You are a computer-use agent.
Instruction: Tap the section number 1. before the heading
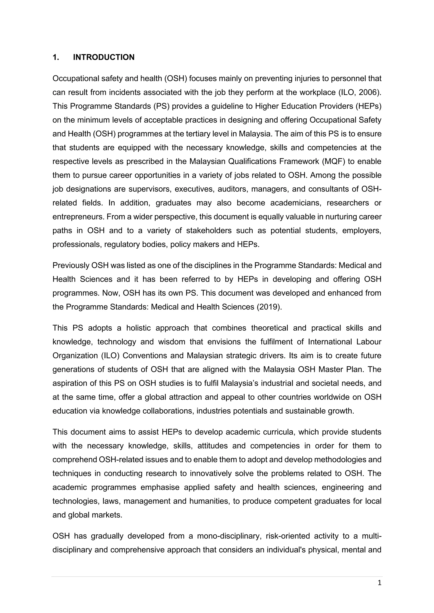click(56, 57)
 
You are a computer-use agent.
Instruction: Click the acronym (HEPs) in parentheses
click(368, 106)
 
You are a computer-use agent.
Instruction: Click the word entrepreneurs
click(78, 217)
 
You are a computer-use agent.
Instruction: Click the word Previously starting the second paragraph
click(71, 266)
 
